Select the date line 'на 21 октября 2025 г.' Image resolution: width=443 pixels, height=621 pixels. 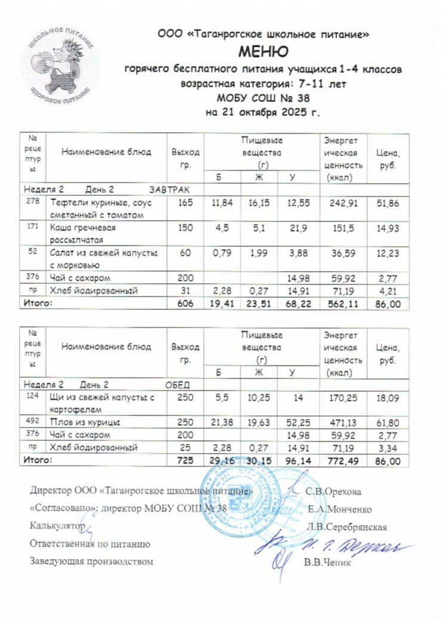(263, 112)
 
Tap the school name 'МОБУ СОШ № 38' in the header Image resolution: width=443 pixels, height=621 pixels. (263, 98)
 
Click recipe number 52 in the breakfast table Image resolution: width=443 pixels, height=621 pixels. (33, 253)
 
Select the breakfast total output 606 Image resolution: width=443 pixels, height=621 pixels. (186, 305)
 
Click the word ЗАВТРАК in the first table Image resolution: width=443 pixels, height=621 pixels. (167, 189)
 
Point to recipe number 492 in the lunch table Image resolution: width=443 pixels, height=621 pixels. (33, 421)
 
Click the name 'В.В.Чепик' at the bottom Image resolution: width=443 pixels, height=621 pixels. (325, 562)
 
